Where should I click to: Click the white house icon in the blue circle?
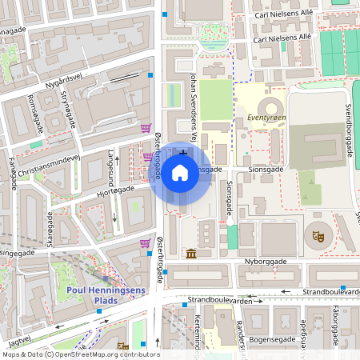[180, 171]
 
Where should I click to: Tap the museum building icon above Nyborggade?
[191, 254]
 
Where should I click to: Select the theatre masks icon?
[318, 236]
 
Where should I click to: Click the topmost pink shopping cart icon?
[146, 127]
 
